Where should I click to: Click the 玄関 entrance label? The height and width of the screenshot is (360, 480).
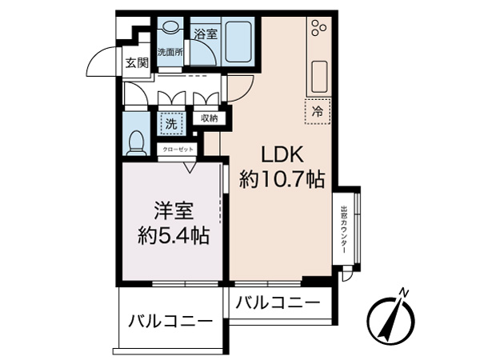click(136, 64)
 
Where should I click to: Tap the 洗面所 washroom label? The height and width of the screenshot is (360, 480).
click(170, 52)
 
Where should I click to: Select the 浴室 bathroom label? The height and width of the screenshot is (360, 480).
click(206, 34)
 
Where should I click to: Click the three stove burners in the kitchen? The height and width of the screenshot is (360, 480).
click(318, 27)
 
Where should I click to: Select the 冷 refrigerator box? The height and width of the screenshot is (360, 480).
click(318, 113)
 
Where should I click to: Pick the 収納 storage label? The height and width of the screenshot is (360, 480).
click(209, 118)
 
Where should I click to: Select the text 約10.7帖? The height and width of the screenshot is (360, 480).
click(282, 180)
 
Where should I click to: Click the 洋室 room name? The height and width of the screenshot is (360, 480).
click(173, 213)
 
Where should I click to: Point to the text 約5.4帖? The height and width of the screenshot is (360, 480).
click(173, 238)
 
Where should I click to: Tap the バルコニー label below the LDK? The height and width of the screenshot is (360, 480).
click(277, 302)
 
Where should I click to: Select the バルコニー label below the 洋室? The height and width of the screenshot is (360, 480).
click(170, 322)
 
